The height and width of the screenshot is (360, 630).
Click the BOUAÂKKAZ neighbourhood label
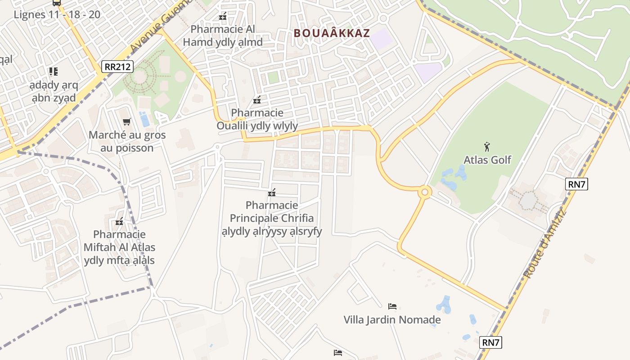pos(332,33)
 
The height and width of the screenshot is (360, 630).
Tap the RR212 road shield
pos(117,67)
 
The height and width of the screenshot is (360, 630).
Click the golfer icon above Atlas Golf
pos(486,146)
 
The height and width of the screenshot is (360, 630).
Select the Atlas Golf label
pos(487,160)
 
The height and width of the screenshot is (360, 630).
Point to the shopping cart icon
pos(127,121)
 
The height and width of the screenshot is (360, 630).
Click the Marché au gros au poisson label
pos(127,141)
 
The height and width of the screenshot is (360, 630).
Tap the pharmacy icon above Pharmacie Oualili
pos(257,99)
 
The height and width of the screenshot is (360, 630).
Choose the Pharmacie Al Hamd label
pos(222,36)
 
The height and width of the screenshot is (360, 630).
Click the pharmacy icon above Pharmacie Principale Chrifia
pos(271,193)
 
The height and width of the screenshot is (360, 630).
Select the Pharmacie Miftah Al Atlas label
pos(119,247)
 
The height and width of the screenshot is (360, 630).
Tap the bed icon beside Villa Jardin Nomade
pos(392,306)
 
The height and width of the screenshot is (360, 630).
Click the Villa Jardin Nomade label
pos(392,320)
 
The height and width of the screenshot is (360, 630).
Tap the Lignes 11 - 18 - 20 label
pos(57,14)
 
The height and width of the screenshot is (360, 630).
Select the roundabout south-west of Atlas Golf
pos(424,193)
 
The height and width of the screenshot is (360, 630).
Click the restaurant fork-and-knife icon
pos(54,71)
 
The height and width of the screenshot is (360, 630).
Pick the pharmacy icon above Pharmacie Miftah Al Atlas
pos(119,221)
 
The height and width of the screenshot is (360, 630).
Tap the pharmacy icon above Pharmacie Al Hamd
pos(222,16)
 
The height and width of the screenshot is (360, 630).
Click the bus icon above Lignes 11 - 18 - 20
pos(56,3)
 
